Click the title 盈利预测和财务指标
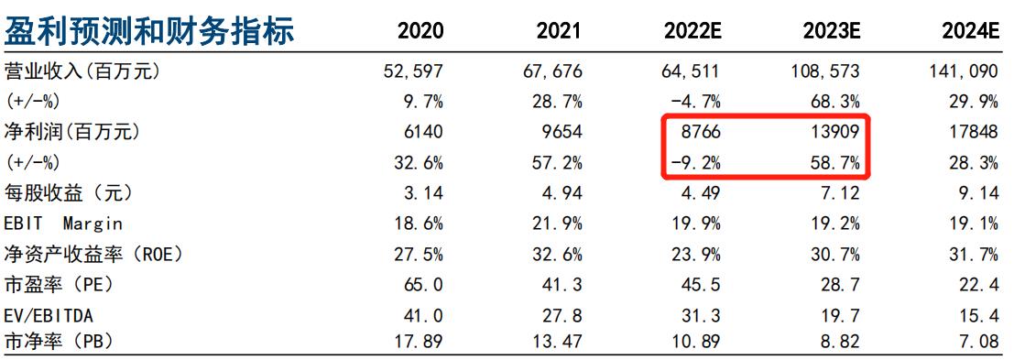(x=149, y=30)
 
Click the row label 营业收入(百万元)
(x=82, y=71)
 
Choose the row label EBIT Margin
(x=63, y=224)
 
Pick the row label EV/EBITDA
(x=49, y=316)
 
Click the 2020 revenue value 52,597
(x=413, y=71)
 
